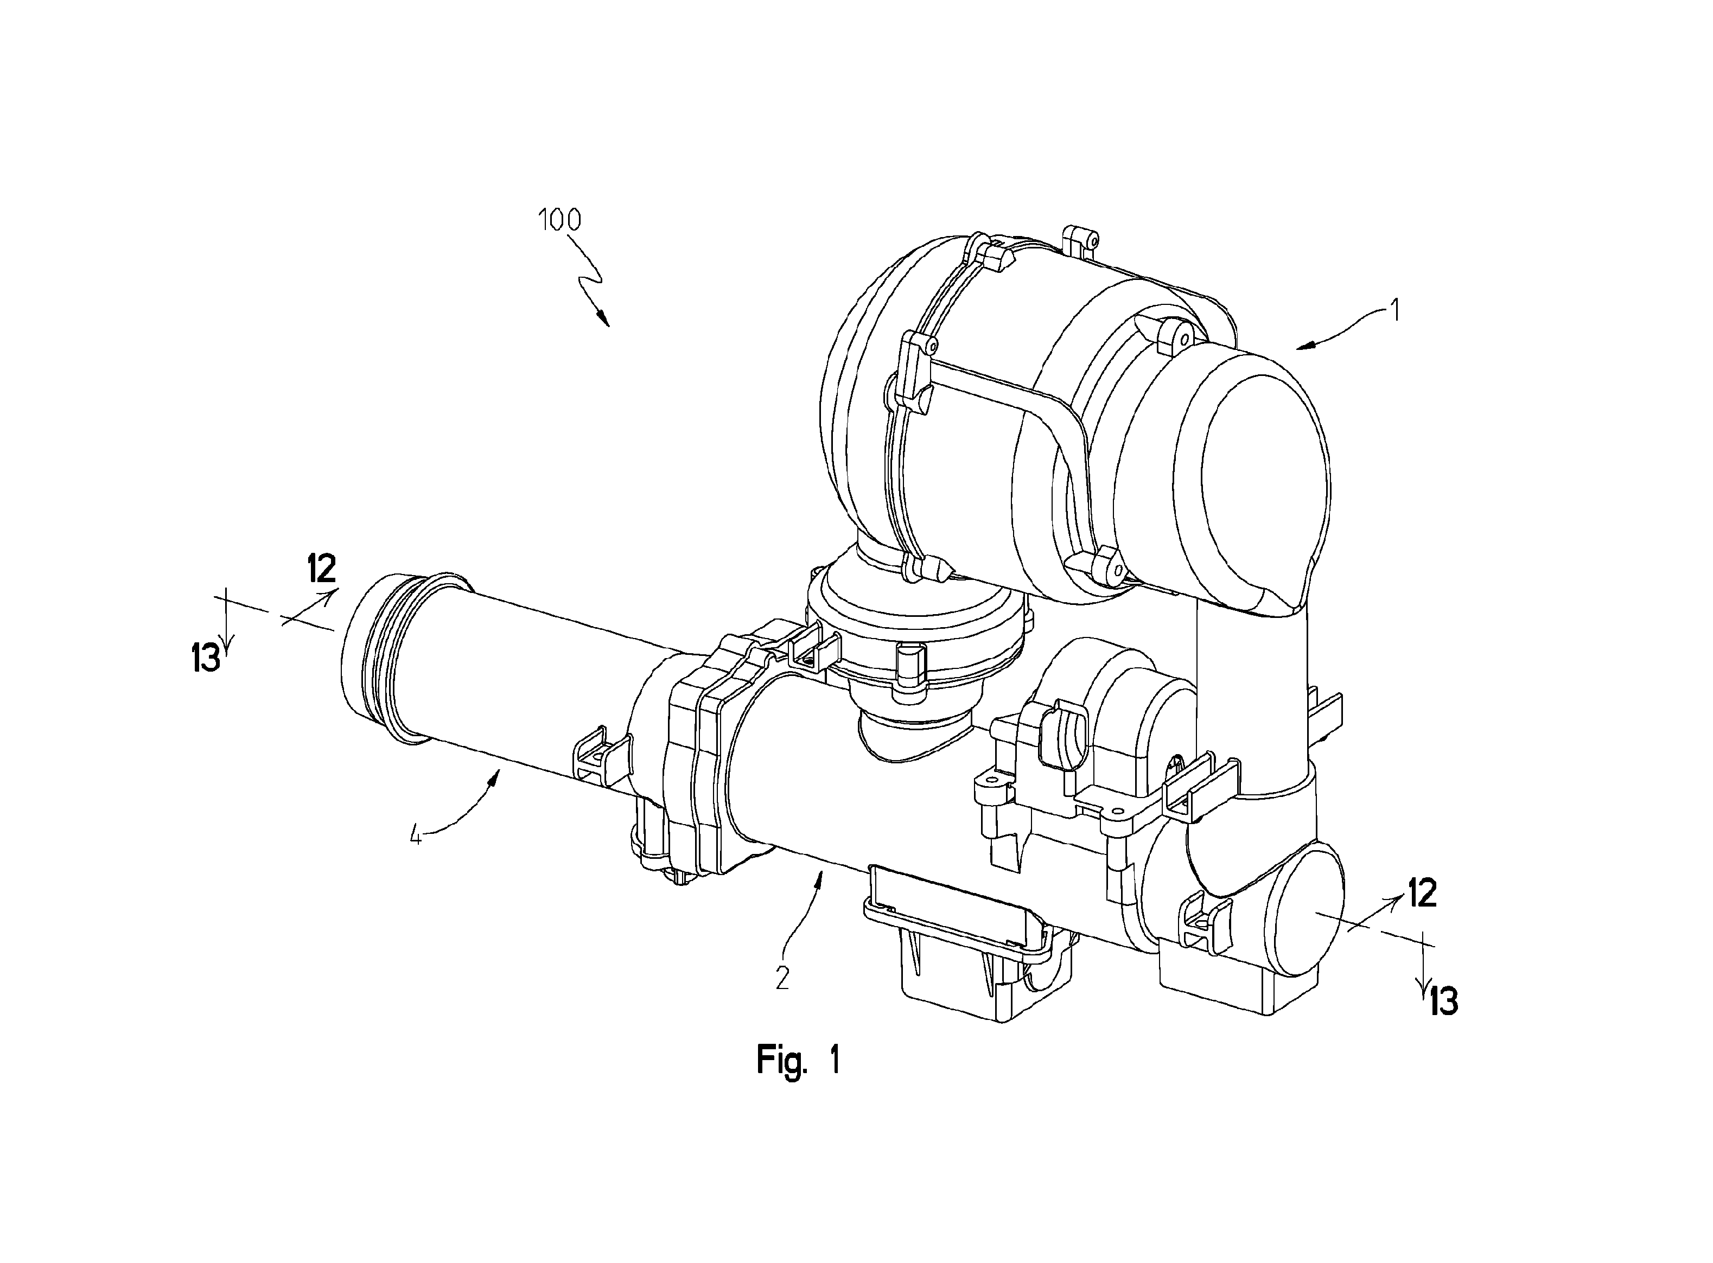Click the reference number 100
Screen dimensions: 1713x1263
(560, 220)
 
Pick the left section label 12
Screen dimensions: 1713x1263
(321, 569)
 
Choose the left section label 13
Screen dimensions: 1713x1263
(206, 658)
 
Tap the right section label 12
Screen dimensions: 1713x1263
(1422, 894)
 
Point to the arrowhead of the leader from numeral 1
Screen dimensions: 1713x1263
(1306, 346)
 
